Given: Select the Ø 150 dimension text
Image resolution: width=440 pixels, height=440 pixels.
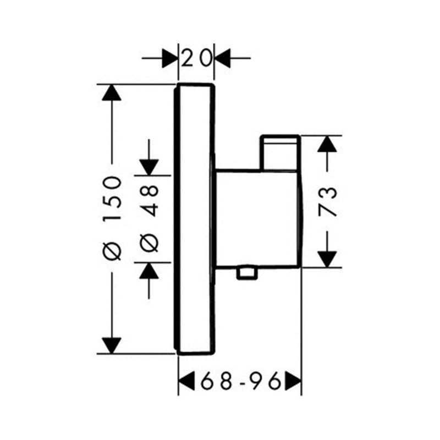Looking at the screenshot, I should [x=112, y=217].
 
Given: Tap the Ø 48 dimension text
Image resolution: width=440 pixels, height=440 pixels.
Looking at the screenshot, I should [x=150, y=217].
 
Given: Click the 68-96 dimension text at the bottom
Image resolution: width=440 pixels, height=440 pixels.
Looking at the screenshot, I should [x=241, y=380].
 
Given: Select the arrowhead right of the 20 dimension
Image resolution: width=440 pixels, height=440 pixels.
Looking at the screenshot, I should [x=222, y=57].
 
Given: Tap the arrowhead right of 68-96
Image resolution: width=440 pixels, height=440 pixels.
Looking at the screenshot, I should [x=293, y=380].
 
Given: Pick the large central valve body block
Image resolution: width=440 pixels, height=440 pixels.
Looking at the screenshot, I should [x=256, y=217].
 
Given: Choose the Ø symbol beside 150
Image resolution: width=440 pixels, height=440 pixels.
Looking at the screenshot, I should [x=112, y=251].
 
